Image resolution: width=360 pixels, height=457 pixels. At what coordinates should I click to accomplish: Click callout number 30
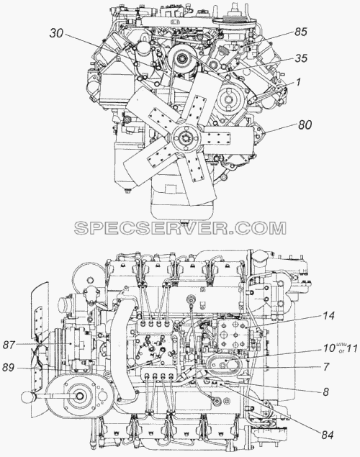click(56, 33)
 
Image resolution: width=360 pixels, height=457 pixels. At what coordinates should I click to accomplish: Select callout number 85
click(300, 32)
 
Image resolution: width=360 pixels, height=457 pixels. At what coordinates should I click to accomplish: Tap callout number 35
click(301, 58)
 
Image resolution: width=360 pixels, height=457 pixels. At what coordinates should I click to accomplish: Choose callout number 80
click(305, 125)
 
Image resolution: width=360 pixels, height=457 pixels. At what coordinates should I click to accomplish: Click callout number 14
click(328, 316)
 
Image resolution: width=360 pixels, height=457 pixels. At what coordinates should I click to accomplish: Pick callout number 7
click(326, 366)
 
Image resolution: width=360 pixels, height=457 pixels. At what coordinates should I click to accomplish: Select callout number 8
click(326, 392)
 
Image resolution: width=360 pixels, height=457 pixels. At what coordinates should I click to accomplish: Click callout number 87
click(9, 345)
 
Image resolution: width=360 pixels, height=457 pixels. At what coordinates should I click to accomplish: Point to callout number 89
click(9, 368)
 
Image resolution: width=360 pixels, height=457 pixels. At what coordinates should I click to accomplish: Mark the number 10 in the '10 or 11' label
click(329, 348)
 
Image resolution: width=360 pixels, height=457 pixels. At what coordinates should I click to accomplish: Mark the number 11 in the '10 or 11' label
click(351, 348)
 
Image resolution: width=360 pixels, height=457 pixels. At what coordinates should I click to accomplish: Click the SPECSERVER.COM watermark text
click(180, 228)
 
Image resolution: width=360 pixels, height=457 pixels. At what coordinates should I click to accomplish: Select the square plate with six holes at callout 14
click(233, 335)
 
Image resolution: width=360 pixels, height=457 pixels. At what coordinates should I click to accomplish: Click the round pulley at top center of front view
click(183, 59)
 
